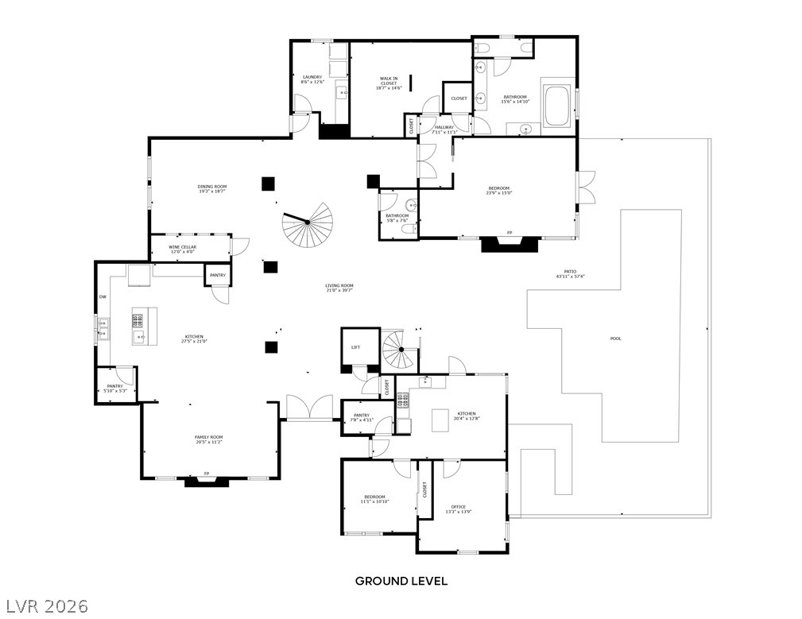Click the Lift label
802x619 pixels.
[355, 346]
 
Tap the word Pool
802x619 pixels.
[615, 339]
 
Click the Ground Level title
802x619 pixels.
[401, 581]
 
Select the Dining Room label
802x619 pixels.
[212, 188]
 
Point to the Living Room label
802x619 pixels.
[339, 288]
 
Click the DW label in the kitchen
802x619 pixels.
[103, 297]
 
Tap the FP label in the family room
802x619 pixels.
[207, 474]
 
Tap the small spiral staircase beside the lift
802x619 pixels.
[400, 350]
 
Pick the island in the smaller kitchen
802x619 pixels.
[440, 419]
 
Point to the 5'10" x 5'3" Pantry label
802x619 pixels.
[116, 388]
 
